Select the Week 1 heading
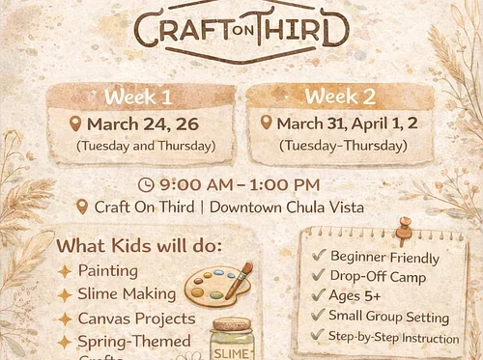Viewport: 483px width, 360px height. coord(139,97)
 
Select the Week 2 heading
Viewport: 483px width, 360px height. coord(339,97)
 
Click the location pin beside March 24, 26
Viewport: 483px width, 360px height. coord(76,124)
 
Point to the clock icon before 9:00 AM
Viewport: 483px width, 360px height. coord(146,183)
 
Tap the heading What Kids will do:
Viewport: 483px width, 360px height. coord(139,245)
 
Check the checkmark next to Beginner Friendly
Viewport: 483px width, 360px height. coord(319,257)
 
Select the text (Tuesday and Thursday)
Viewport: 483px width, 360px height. coord(146,146)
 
